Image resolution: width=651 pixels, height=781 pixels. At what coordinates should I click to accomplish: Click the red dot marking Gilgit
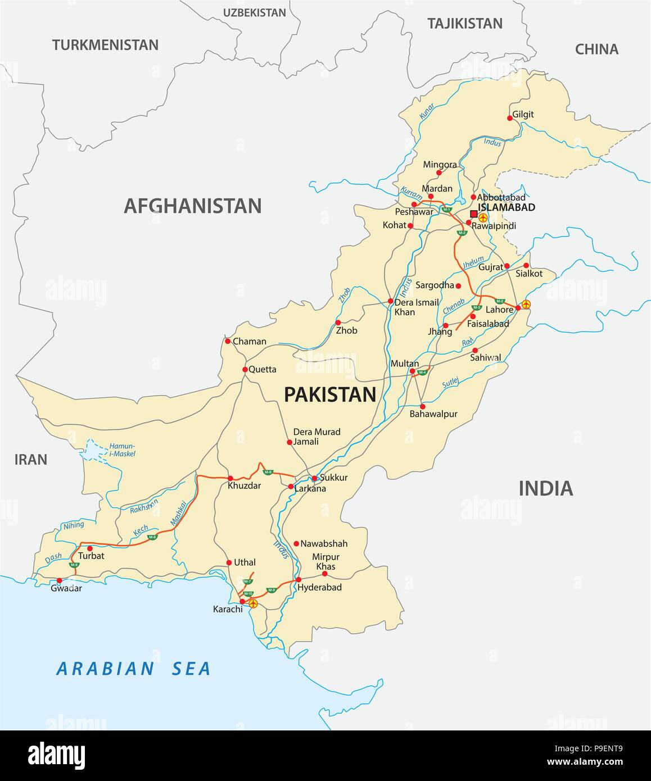pos(510,118)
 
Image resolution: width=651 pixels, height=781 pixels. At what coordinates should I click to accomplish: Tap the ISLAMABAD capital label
pos(506,207)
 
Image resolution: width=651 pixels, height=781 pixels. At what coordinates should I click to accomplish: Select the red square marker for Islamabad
pos(473,214)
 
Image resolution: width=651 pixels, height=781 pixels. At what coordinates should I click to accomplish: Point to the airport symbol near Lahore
pos(526,304)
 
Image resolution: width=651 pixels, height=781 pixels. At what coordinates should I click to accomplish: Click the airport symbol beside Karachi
pos(253,603)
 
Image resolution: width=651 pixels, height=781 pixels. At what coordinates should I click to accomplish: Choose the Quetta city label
pos(263,369)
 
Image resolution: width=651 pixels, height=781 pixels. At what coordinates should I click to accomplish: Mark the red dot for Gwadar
pos(60,580)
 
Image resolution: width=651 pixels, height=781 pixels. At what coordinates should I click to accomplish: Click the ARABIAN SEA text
pos(133,669)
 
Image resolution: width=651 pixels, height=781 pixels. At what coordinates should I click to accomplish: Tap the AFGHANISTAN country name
pos(192,206)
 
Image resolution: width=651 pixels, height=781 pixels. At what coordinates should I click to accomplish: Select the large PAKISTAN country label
pos(330,395)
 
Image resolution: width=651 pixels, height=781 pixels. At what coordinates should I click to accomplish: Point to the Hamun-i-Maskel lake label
pos(122,449)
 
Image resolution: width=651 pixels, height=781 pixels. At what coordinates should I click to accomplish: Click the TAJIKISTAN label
pos(464,24)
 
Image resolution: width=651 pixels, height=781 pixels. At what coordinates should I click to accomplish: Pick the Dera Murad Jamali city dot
pos(290,442)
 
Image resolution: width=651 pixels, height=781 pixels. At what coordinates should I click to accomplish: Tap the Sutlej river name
pos(450,383)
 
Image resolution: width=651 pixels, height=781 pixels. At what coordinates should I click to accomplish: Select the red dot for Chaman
pos(228,341)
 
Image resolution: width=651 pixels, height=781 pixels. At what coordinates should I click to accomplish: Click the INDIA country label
pos(545,488)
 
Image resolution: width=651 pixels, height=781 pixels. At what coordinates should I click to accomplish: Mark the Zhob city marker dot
pos(338,323)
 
